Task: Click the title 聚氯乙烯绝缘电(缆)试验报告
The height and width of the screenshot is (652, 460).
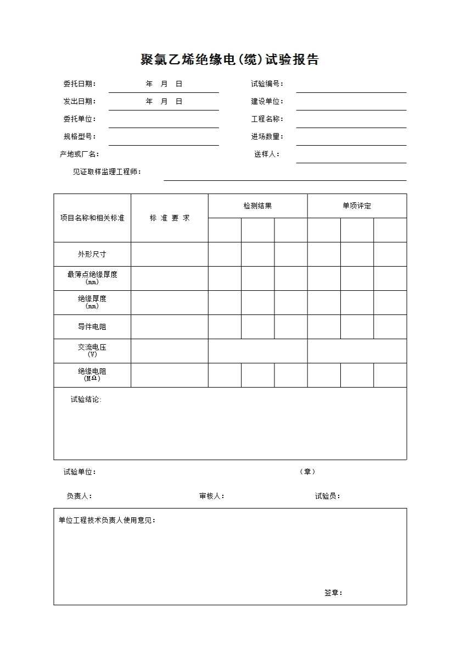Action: pos(229,60)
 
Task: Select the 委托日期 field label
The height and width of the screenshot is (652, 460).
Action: pos(80,84)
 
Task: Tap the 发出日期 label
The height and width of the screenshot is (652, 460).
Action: pos(80,102)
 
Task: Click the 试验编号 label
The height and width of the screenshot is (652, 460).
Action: pos(267,84)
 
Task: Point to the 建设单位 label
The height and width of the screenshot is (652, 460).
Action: pos(267,102)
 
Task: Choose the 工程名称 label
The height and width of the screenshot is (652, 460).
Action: pos(267,119)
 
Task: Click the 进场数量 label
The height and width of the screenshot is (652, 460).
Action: pos(267,137)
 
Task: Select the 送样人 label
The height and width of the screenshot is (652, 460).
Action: pos(267,154)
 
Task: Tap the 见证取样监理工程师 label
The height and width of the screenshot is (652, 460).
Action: pos(107,172)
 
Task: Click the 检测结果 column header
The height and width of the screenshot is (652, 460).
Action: pos(257,206)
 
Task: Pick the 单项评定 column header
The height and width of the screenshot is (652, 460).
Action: pos(357,206)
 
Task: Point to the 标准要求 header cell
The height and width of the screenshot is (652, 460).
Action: pos(170,218)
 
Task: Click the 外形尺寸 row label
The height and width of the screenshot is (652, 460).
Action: pos(92,255)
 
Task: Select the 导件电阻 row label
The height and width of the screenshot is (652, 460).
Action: pos(92,327)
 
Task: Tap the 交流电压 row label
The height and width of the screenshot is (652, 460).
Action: pos(92,348)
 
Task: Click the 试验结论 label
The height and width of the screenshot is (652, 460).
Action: pos(86,400)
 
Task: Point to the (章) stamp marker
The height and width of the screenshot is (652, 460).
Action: pos(307,472)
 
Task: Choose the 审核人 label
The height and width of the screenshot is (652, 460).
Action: pos(212,496)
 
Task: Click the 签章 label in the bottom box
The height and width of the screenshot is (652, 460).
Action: pos(333,593)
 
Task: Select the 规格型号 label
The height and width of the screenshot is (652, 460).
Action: pos(80,137)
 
